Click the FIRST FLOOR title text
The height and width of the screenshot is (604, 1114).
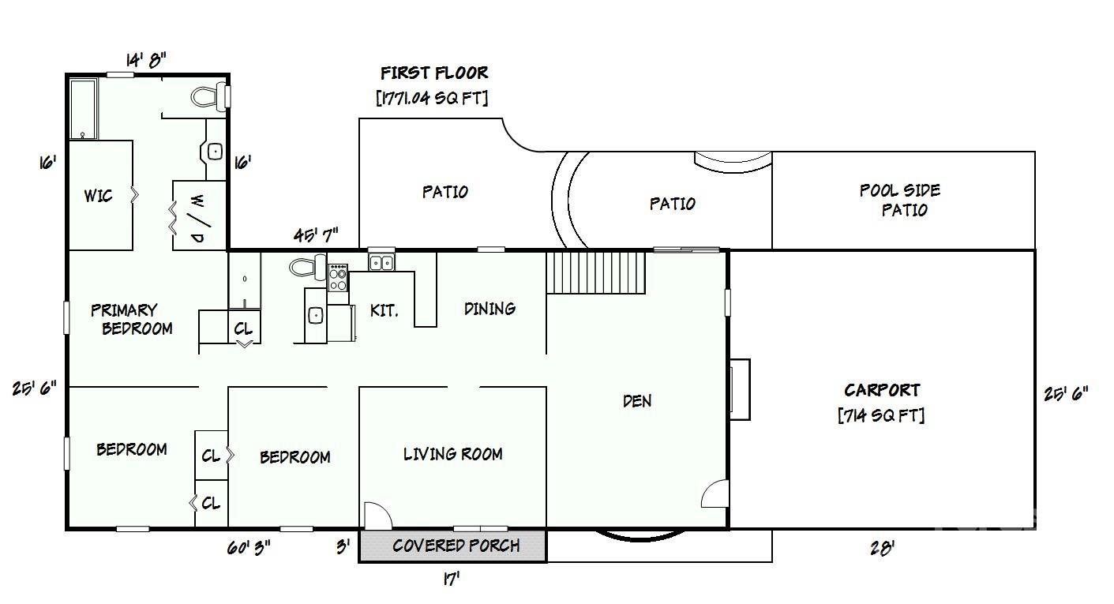[x=434, y=73]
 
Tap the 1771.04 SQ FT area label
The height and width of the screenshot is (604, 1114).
[x=432, y=98]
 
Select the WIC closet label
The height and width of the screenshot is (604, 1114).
[x=98, y=196]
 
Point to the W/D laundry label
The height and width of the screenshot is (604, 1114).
[x=197, y=219]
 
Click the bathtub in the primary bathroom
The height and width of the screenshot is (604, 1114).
[x=84, y=109]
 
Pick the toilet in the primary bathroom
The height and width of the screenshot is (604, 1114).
[x=209, y=97]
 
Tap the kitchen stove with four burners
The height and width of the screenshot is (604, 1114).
[x=338, y=277]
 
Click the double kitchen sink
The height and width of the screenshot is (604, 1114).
[x=381, y=261]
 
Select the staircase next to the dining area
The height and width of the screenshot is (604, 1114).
[x=596, y=272]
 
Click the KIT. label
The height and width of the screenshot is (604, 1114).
[x=384, y=311]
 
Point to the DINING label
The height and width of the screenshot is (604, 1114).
[x=489, y=309]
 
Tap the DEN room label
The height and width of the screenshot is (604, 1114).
[x=637, y=401]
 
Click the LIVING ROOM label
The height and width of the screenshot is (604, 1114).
[x=452, y=454]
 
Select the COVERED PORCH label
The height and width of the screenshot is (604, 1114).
[x=456, y=546]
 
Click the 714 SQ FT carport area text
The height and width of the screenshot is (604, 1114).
[x=881, y=415]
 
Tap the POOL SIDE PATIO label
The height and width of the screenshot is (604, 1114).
[x=900, y=200]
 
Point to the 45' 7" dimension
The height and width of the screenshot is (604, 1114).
[x=316, y=234]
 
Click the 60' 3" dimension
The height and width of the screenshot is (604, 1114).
[x=249, y=548]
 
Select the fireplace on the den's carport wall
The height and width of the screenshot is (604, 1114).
[x=740, y=389]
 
